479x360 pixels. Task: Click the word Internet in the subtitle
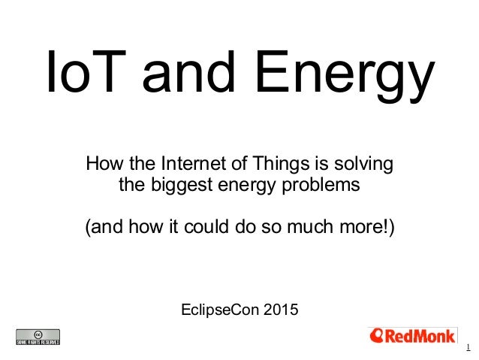(x=180, y=163)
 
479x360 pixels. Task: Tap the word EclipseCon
(x=220, y=309)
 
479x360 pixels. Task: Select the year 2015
(x=279, y=309)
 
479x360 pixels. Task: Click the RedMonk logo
(x=412, y=335)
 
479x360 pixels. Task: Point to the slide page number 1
(x=467, y=347)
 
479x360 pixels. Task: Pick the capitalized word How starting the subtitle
(x=103, y=163)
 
